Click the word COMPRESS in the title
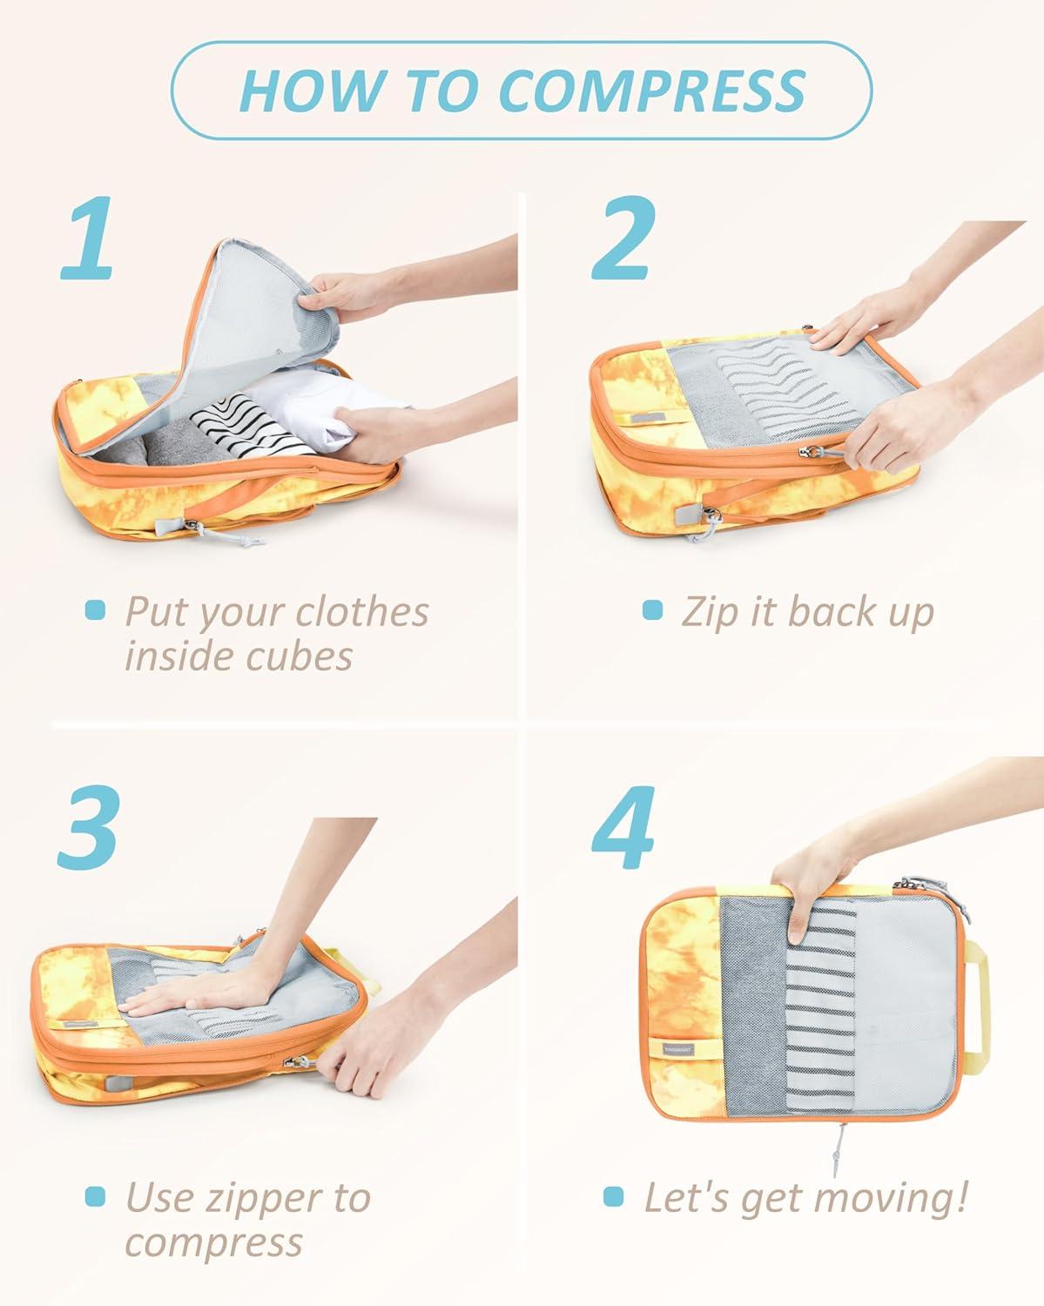point(652,90)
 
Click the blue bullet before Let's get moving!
point(614,1197)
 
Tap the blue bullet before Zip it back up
point(652,610)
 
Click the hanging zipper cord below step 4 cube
point(842,1153)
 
